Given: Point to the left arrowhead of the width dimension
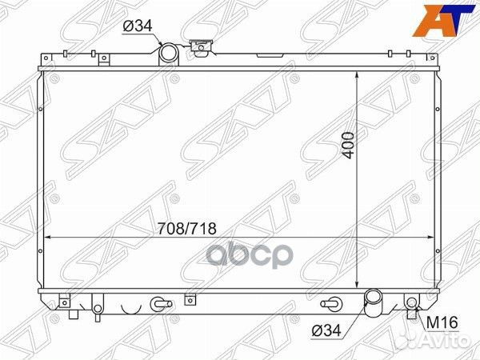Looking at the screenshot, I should click(x=47, y=238).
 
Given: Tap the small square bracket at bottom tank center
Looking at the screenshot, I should click(x=189, y=301).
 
